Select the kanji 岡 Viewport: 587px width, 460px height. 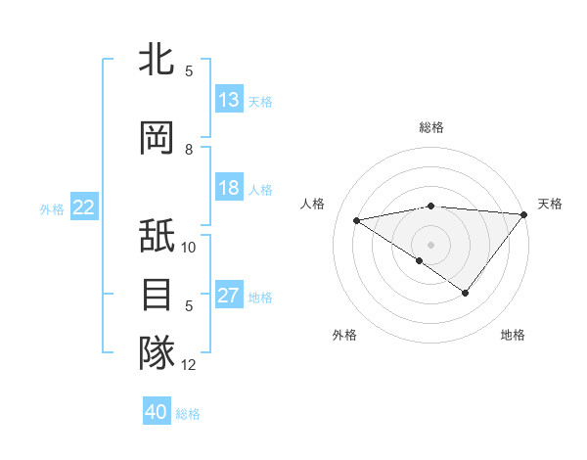click(157, 139)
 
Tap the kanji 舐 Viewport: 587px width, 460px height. click(157, 238)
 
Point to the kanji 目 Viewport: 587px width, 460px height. click(157, 295)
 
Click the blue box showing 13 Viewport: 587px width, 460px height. click(229, 100)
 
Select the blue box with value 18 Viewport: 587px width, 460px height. click(229, 188)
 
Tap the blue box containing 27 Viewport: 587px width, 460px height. click(229, 297)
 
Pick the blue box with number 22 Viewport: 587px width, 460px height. click(84, 207)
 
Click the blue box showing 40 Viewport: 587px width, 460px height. click(157, 412)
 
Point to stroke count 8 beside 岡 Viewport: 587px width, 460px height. click(189, 150)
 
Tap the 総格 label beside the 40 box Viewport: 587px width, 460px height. click(188, 414)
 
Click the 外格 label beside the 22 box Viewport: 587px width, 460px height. click(52, 208)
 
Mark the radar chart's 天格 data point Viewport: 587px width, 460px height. click(525, 214)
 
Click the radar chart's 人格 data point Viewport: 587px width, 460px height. click(357, 219)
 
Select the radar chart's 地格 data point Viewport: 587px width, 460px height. click(466, 293)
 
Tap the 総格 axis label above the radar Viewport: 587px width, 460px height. click(430, 127)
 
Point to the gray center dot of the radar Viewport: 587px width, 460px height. click(430, 244)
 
